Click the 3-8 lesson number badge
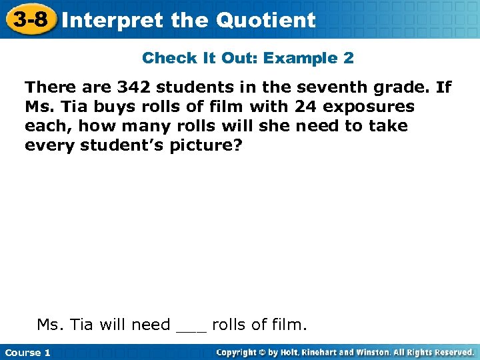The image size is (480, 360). [x=30, y=19]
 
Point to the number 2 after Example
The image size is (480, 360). [x=349, y=58]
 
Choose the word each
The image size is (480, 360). [x=46, y=126]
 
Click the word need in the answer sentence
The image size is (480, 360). [x=151, y=325]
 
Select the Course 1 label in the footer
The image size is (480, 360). [x=27, y=353]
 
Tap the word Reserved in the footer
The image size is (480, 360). [x=452, y=352]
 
